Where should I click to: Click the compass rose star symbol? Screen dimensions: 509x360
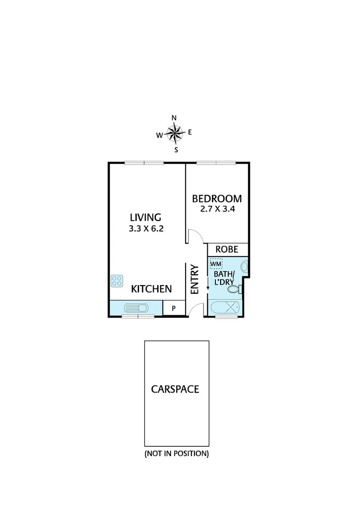pyautogui.click(x=175, y=134)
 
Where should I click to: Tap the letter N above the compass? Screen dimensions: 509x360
pyautogui.click(x=174, y=118)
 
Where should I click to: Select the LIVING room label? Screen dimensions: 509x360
pyautogui.click(x=146, y=217)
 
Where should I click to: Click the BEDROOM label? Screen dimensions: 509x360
pyautogui.click(x=217, y=198)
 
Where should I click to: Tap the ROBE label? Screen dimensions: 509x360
pyautogui.click(x=227, y=250)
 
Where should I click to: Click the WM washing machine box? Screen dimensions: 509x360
pyautogui.click(x=216, y=264)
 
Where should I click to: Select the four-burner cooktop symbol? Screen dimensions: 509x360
pyautogui.click(x=117, y=281)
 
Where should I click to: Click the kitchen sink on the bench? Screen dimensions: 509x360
pyautogui.click(x=136, y=308)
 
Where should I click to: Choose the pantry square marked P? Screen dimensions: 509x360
pyautogui.click(x=173, y=308)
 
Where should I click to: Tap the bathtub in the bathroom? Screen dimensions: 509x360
pyautogui.click(x=224, y=308)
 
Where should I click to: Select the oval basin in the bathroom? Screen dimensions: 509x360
pyautogui.click(x=244, y=267)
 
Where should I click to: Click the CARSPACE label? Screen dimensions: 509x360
pyautogui.click(x=175, y=389)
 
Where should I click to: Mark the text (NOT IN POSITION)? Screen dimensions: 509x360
pyautogui.click(x=176, y=454)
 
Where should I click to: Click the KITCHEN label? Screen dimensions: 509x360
pyautogui.click(x=151, y=289)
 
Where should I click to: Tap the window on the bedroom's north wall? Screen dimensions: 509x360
pyautogui.click(x=216, y=163)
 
